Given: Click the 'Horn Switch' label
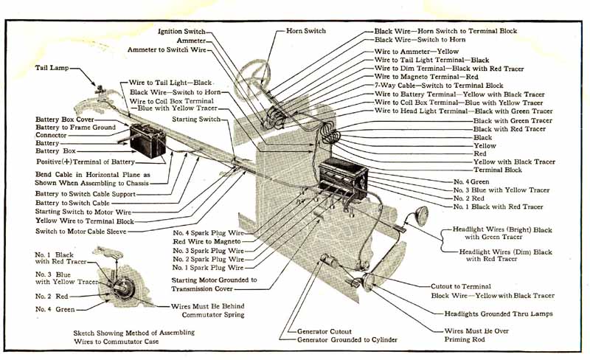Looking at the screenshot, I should (x=305, y=31).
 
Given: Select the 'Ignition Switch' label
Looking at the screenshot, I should (x=181, y=32).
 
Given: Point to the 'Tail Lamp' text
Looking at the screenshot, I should (x=54, y=66).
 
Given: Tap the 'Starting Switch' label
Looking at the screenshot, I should (x=195, y=119).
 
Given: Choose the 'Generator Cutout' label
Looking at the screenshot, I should (x=324, y=332).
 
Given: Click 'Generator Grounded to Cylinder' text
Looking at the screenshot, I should (x=347, y=340).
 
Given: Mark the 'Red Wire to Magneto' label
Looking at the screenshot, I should (x=206, y=241).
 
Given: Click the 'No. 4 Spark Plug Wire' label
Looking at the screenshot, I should (x=207, y=232).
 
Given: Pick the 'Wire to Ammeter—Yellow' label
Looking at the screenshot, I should (x=416, y=51).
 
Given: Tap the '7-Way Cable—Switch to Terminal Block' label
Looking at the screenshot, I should (x=439, y=86).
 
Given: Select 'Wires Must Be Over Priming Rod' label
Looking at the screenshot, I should (x=476, y=336).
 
